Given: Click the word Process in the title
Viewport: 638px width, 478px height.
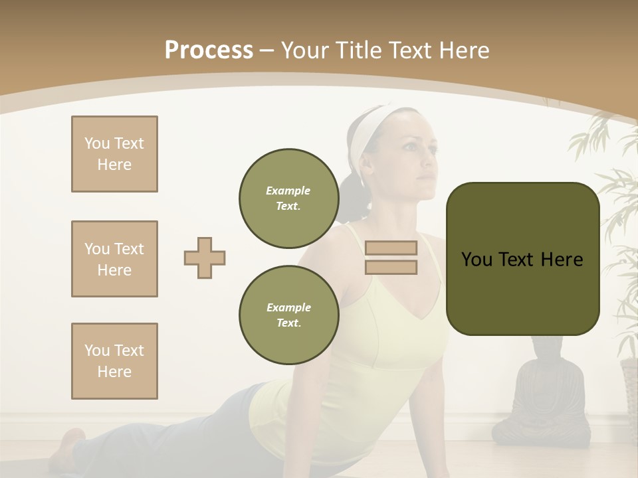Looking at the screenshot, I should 209,50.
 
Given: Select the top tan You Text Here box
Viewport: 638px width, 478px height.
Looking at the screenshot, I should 114,154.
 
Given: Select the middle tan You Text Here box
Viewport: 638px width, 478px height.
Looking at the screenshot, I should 114,259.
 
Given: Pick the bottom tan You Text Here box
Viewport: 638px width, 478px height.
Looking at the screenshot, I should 114,361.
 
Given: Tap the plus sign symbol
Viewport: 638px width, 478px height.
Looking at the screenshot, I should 205,258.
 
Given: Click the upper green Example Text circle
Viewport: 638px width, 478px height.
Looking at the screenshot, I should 288,198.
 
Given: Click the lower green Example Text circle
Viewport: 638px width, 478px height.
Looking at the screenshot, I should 288,315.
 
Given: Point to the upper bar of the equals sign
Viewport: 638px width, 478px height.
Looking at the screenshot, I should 391,248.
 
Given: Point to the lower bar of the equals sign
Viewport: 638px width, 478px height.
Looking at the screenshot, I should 391,267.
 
